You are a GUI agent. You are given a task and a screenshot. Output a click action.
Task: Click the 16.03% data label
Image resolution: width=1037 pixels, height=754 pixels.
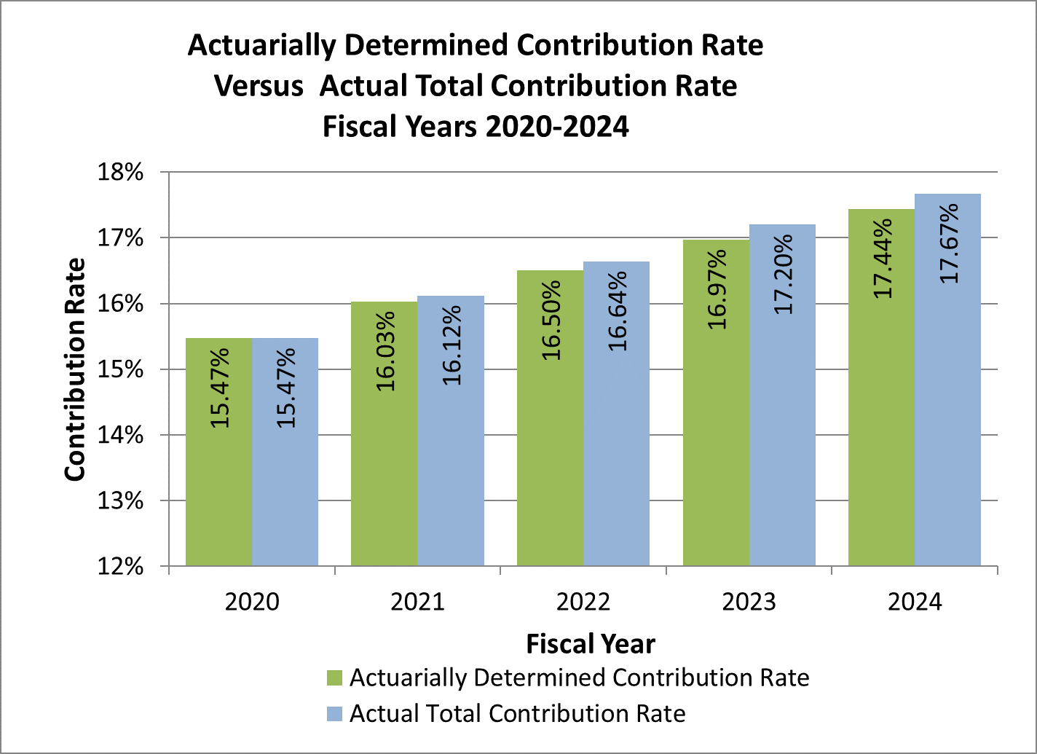point(386,351)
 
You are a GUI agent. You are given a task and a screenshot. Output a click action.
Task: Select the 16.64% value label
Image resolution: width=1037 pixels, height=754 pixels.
point(618,311)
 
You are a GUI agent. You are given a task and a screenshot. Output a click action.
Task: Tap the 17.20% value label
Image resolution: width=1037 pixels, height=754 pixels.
point(784,275)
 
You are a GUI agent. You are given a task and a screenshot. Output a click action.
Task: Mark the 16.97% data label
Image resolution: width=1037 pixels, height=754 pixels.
point(717,289)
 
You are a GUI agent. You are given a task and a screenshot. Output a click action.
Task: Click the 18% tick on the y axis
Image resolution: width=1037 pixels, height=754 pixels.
point(123,173)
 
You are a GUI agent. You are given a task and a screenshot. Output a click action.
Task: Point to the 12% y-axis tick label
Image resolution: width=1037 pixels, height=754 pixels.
point(123,566)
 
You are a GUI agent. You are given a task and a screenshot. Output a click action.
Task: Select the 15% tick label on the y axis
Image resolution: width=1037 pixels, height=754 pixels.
point(123,369)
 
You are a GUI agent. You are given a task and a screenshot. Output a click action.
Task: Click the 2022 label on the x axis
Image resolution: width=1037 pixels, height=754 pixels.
point(583,602)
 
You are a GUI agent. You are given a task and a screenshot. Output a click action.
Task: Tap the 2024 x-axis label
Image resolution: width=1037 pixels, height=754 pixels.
point(915,602)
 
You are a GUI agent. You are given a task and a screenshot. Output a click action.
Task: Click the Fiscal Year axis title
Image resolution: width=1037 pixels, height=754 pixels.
point(591,644)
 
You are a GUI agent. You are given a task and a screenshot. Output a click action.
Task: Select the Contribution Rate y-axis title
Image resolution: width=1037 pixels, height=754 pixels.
point(75,370)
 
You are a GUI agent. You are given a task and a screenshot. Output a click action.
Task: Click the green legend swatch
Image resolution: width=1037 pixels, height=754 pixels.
point(335,678)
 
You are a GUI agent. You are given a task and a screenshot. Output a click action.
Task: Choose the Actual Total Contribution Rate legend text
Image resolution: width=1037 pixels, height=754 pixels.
point(517,713)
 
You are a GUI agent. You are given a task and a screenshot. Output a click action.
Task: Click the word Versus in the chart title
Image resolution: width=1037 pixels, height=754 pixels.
point(259,86)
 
